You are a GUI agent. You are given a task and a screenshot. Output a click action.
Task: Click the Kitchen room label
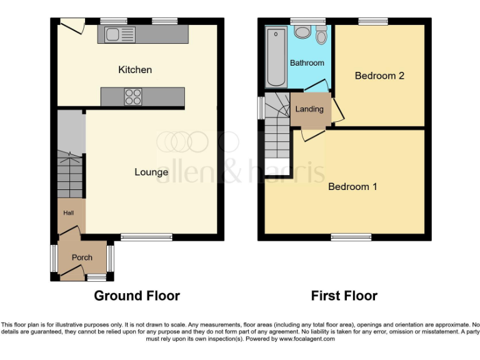[135, 69]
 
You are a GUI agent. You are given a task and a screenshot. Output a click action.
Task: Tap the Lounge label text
[151, 172]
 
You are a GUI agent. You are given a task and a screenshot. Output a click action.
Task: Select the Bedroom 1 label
[352, 186]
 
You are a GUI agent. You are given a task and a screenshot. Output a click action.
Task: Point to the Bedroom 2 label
[379, 76]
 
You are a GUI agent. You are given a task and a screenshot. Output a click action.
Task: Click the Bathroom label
[307, 63]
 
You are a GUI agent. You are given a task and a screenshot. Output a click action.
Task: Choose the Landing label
[309, 109]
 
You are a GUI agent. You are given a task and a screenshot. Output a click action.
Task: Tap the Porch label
[82, 257]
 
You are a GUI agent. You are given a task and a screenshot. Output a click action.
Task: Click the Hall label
[68, 213]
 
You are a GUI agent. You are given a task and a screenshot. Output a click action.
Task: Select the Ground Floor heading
[137, 296]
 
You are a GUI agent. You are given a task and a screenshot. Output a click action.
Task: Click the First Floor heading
[344, 296]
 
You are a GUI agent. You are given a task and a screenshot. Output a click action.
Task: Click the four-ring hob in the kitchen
[132, 97]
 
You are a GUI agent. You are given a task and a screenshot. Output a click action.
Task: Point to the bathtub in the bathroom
[275, 57]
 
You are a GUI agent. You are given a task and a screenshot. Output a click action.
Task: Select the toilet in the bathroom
[321, 36]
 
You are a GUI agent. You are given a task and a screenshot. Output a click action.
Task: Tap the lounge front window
[146, 237]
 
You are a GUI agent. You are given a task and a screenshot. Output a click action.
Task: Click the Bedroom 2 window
[372, 21]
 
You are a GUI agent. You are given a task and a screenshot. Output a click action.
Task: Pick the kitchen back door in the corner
[72, 26]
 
